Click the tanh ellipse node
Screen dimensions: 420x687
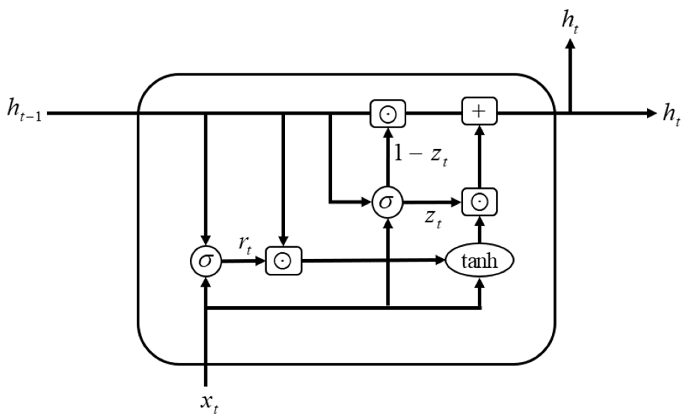click(x=479, y=261)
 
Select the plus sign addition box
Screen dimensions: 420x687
click(x=479, y=111)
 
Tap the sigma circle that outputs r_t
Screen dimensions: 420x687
click(x=206, y=261)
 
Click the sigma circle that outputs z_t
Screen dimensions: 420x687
click(x=387, y=202)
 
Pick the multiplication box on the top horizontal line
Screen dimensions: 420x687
click(x=388, y=114)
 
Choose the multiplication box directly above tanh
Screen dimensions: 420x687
click(x=479, y=202)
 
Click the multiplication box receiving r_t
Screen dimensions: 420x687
click(x=283, y=261)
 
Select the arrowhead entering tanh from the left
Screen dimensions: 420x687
click(x=440, y=260)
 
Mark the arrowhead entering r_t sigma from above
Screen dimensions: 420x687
click(x=206, y=240)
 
